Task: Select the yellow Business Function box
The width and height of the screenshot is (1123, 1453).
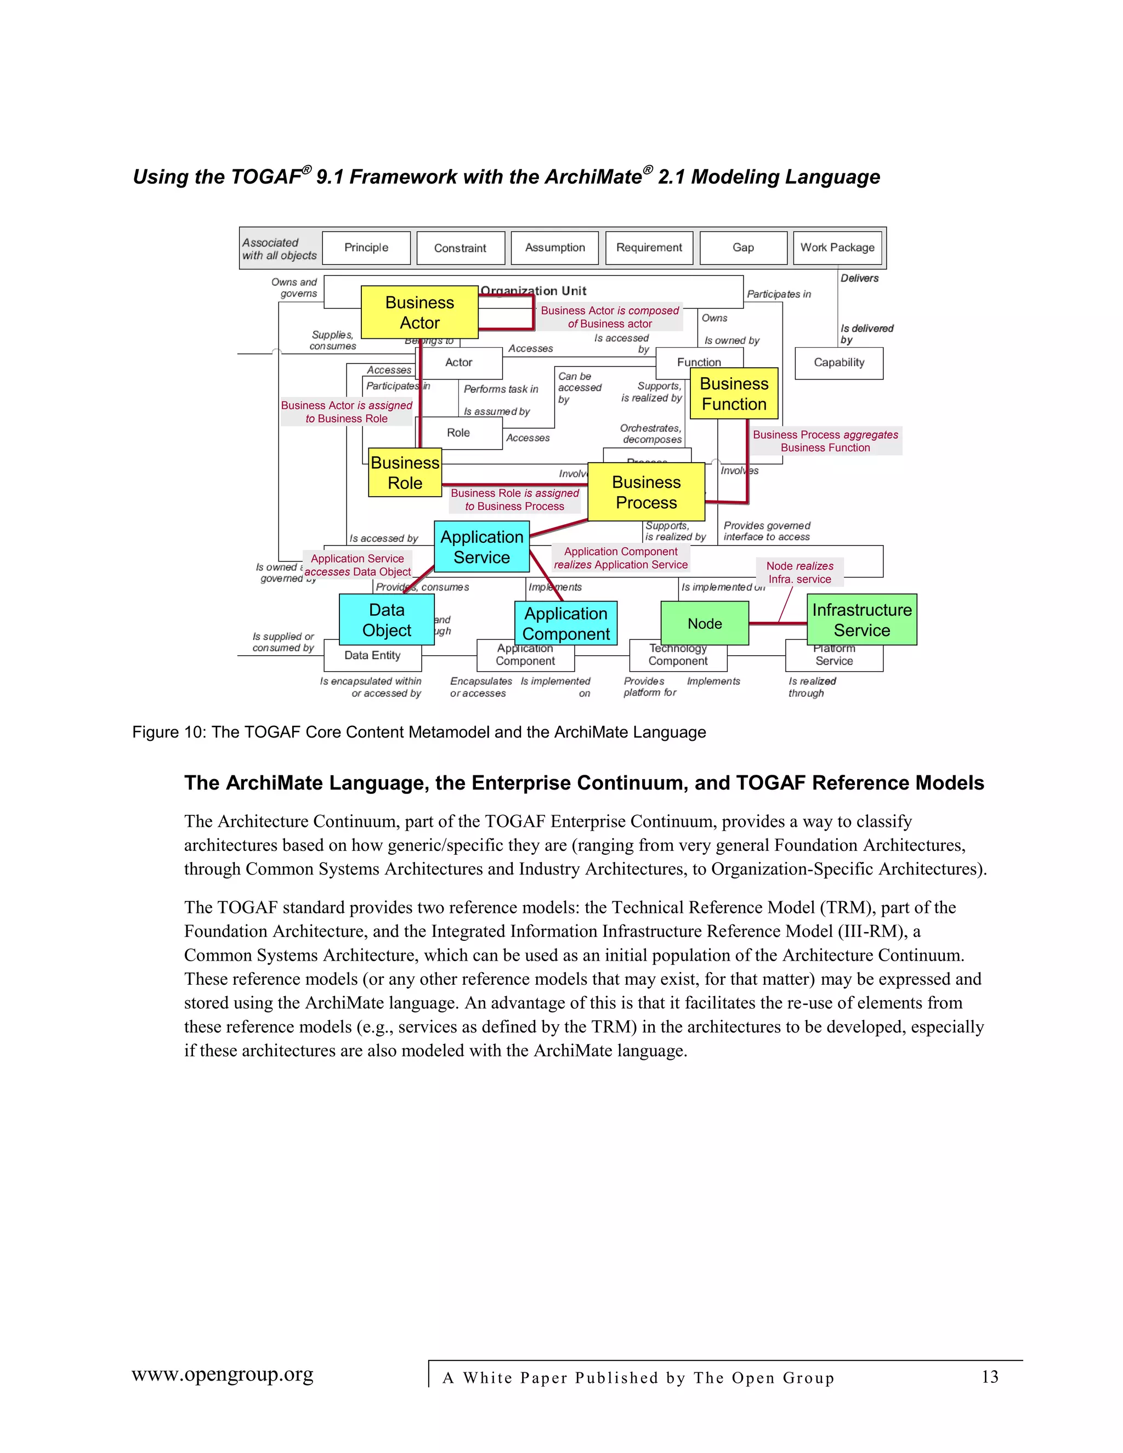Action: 734,393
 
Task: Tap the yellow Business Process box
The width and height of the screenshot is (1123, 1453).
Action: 646,492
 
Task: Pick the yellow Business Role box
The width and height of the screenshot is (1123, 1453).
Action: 405,472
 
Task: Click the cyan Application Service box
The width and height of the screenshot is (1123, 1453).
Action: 481,547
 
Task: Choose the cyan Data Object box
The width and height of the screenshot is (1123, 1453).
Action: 387,620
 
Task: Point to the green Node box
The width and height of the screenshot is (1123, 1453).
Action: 705,623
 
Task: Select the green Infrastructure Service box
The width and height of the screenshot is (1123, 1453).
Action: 861,620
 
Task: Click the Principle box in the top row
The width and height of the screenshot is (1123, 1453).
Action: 366,247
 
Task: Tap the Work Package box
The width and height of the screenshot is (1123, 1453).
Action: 837,247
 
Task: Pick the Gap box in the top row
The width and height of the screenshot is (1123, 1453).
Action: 743,247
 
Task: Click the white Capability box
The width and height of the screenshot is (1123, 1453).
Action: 839,362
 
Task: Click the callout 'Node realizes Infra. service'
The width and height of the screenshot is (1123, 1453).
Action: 799,572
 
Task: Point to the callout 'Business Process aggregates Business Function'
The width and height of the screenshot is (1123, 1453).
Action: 825,440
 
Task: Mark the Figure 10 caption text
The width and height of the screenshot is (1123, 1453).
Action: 418,732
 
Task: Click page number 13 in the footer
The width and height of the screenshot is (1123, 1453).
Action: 990,1376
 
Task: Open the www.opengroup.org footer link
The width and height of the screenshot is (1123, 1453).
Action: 222,1375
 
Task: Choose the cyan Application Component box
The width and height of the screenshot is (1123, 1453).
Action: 566,623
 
